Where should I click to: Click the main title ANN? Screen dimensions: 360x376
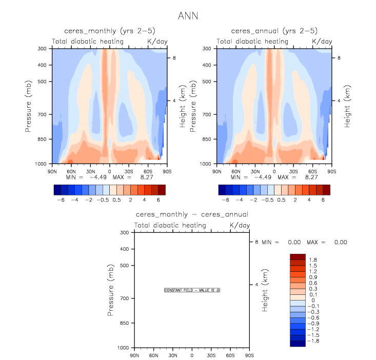pos(188,16)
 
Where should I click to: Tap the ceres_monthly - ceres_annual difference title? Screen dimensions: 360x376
pos(192,214)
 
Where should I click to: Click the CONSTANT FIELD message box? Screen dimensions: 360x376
pos(192,290)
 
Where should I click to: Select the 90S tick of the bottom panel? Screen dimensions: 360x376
pos(249,355)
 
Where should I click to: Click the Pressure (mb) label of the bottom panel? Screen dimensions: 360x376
pos(111,290)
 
